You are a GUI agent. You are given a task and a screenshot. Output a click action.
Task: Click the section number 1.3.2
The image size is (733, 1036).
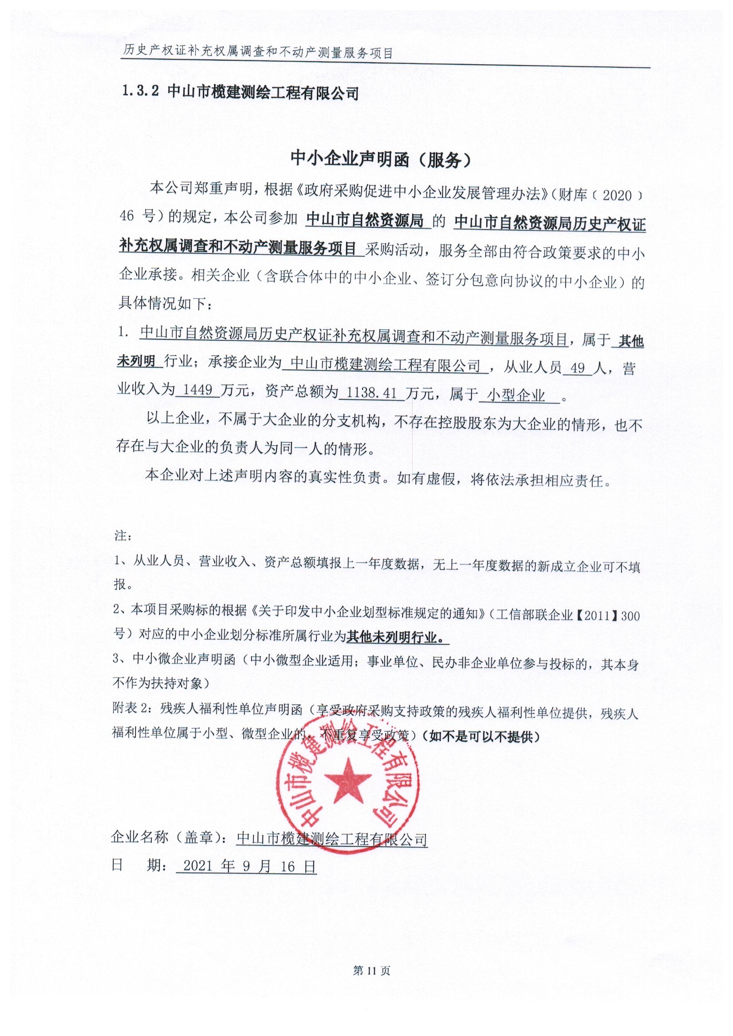141,93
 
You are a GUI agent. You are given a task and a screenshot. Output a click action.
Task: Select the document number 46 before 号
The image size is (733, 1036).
127,217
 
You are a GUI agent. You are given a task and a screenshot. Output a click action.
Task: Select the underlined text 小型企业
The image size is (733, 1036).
517,396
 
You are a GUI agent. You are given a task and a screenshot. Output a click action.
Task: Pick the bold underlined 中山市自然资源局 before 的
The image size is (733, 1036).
365,221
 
